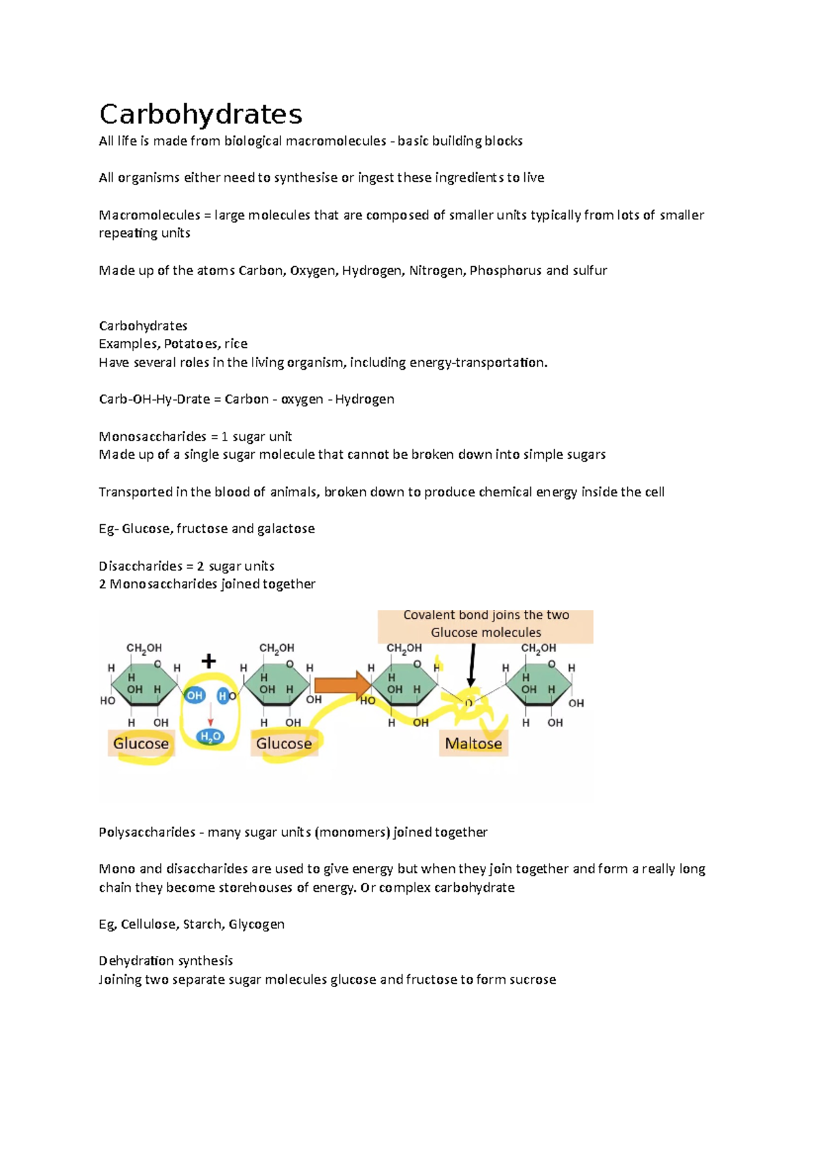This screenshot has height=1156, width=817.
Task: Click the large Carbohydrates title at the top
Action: pos(200,114)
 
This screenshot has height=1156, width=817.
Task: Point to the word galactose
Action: pos(285,528)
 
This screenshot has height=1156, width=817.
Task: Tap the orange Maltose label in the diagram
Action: pos(473,743)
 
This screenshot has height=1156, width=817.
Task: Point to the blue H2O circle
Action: pos(210,737)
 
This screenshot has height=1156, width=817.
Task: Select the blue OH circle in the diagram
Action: pos(195,695)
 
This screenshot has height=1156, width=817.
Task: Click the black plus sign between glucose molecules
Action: pos(208,661)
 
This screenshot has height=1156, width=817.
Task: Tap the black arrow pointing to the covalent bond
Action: pos(472,664)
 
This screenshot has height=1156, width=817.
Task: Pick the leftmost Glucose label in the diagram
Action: pos(141,743)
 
